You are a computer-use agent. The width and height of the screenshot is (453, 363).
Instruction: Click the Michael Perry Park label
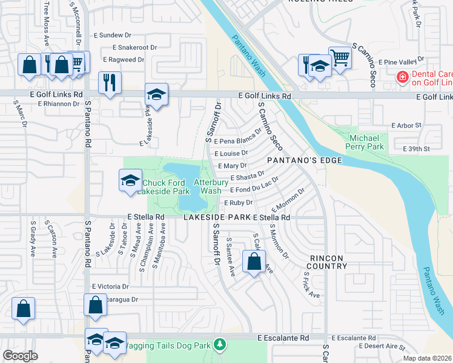point(366,142)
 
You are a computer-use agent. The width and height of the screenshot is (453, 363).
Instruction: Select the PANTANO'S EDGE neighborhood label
point(305,160)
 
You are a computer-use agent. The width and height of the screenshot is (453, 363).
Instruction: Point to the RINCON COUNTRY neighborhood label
point(327,262)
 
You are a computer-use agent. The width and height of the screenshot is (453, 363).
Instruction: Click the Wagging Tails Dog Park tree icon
point(220,345)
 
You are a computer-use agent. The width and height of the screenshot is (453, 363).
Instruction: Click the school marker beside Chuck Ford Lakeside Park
point(130,180)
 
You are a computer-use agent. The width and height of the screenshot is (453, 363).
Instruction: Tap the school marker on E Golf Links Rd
point(156,94)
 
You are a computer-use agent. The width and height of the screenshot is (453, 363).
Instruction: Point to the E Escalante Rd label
point(283,338)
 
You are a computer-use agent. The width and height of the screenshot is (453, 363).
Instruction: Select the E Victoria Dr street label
point(110,286)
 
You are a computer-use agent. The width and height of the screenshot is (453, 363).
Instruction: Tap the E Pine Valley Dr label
point(400,62)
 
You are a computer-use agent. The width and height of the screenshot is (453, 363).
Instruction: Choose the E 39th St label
point(415,149)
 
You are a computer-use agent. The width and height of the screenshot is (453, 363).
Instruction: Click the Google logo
point(21,356)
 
